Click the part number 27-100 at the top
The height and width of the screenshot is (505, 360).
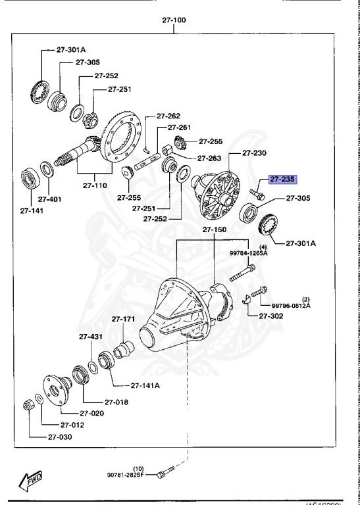(174, 20)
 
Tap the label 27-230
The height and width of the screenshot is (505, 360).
(255, 153)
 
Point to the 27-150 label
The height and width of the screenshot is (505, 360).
(215, 231)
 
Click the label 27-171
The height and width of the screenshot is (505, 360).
(123, 320)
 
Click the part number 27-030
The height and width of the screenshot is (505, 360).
(61, 437)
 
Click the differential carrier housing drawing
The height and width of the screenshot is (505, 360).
(184, 309)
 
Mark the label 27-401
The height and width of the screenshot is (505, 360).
(49, 198)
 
